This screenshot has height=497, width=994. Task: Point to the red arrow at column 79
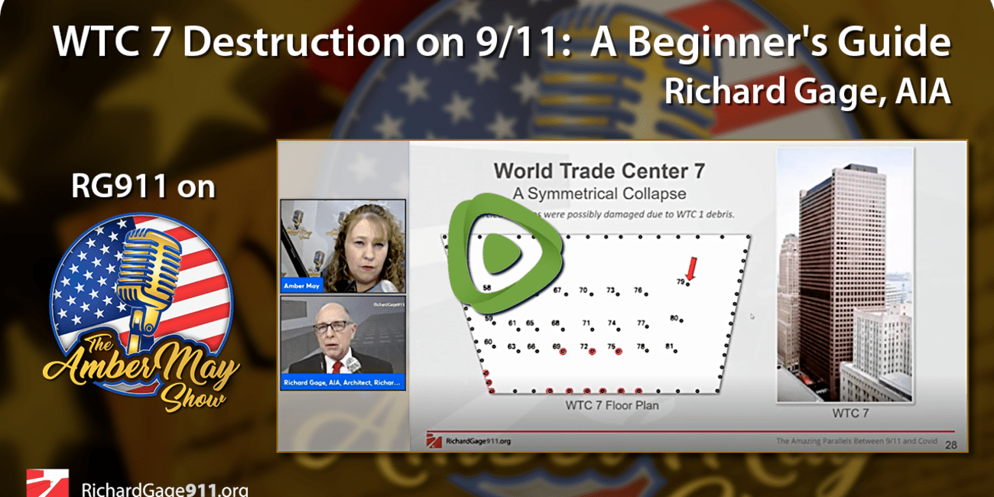(x=690, y=270)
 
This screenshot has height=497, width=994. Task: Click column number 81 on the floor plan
(x=669, y=346)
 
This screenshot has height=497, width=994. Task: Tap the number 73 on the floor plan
(x=611, y=291)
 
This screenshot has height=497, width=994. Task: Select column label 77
(x=642, y=323)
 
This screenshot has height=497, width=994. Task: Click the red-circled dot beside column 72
(x=592, y=352)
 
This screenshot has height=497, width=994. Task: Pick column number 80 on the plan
(x=674, y=318)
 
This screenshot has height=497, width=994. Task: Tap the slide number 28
(x=952, y=444)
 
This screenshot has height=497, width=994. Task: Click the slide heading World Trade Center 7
(x=599, y=171)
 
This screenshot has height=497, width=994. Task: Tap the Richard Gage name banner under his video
(x=343, y=382)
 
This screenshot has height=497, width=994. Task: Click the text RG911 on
(x=143, y=187)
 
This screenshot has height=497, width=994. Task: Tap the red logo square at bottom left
(x=47, y=483)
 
